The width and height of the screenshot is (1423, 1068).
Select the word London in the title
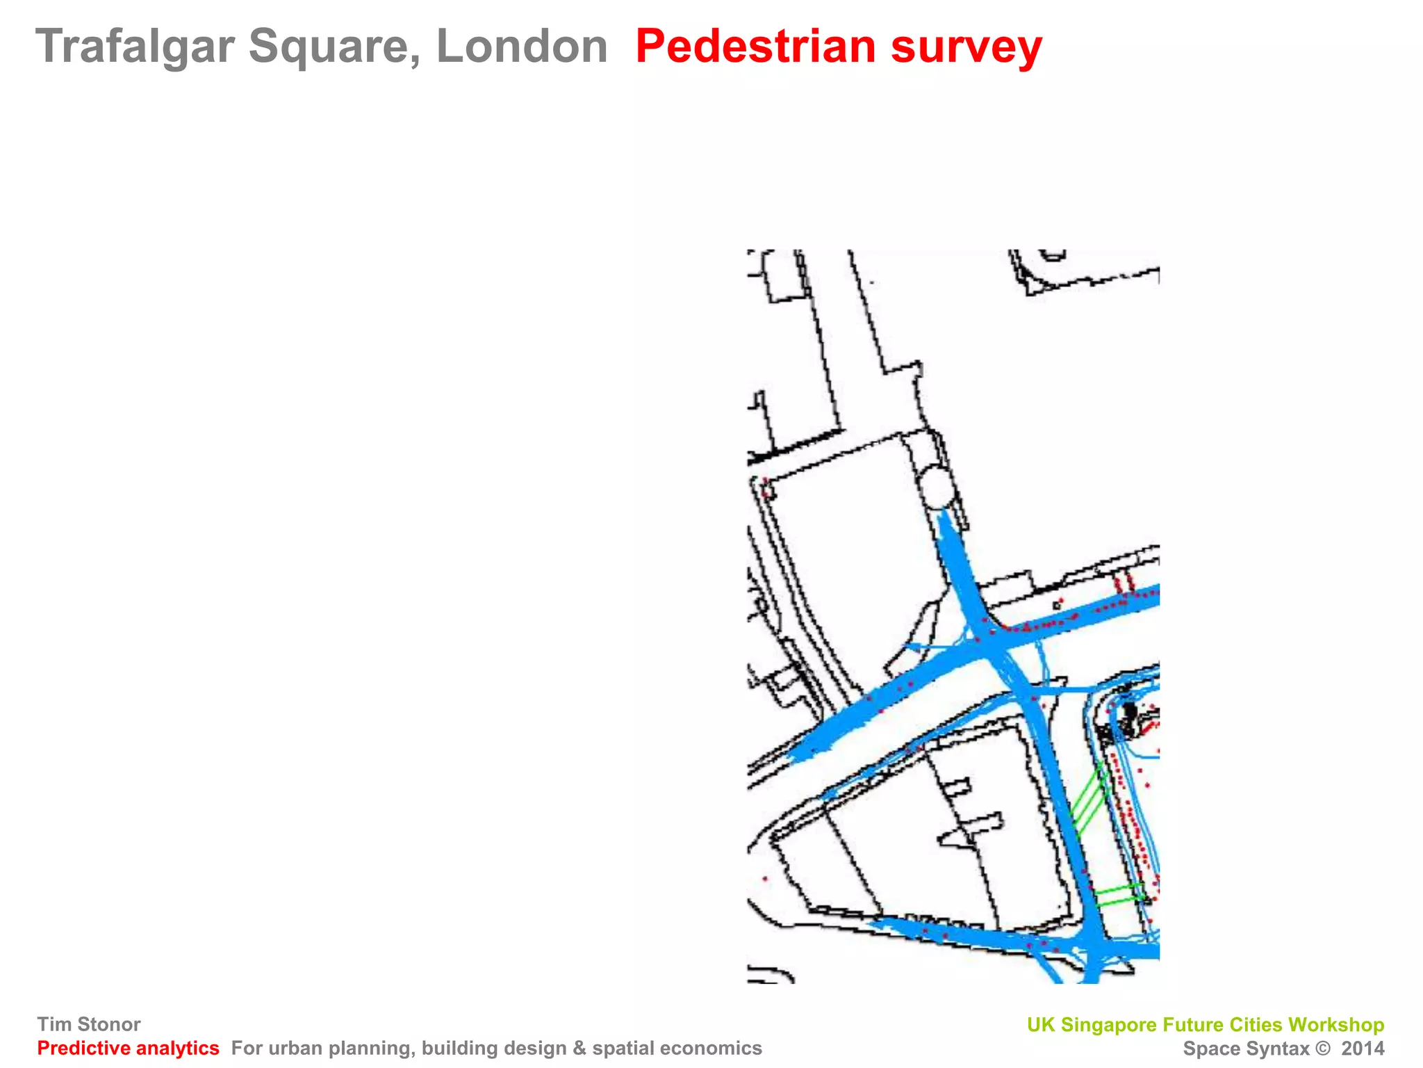(522, 47)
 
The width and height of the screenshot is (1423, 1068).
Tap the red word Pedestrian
(755, 47)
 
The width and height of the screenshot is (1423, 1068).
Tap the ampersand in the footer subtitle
(579, 1049)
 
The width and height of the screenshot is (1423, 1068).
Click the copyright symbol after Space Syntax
(1323, 1049)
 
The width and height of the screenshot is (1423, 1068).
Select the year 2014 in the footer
(1363, 1049)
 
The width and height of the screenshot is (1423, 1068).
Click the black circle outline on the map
(936, 487)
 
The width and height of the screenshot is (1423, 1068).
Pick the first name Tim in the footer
(54, 1024)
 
